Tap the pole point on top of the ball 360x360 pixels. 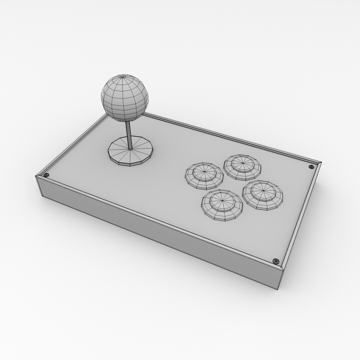point(122,77)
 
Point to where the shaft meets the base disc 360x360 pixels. point(130,149)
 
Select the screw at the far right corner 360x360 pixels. point(311,167)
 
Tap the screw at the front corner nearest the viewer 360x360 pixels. point(275,261)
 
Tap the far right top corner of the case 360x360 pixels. point(321,162)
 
